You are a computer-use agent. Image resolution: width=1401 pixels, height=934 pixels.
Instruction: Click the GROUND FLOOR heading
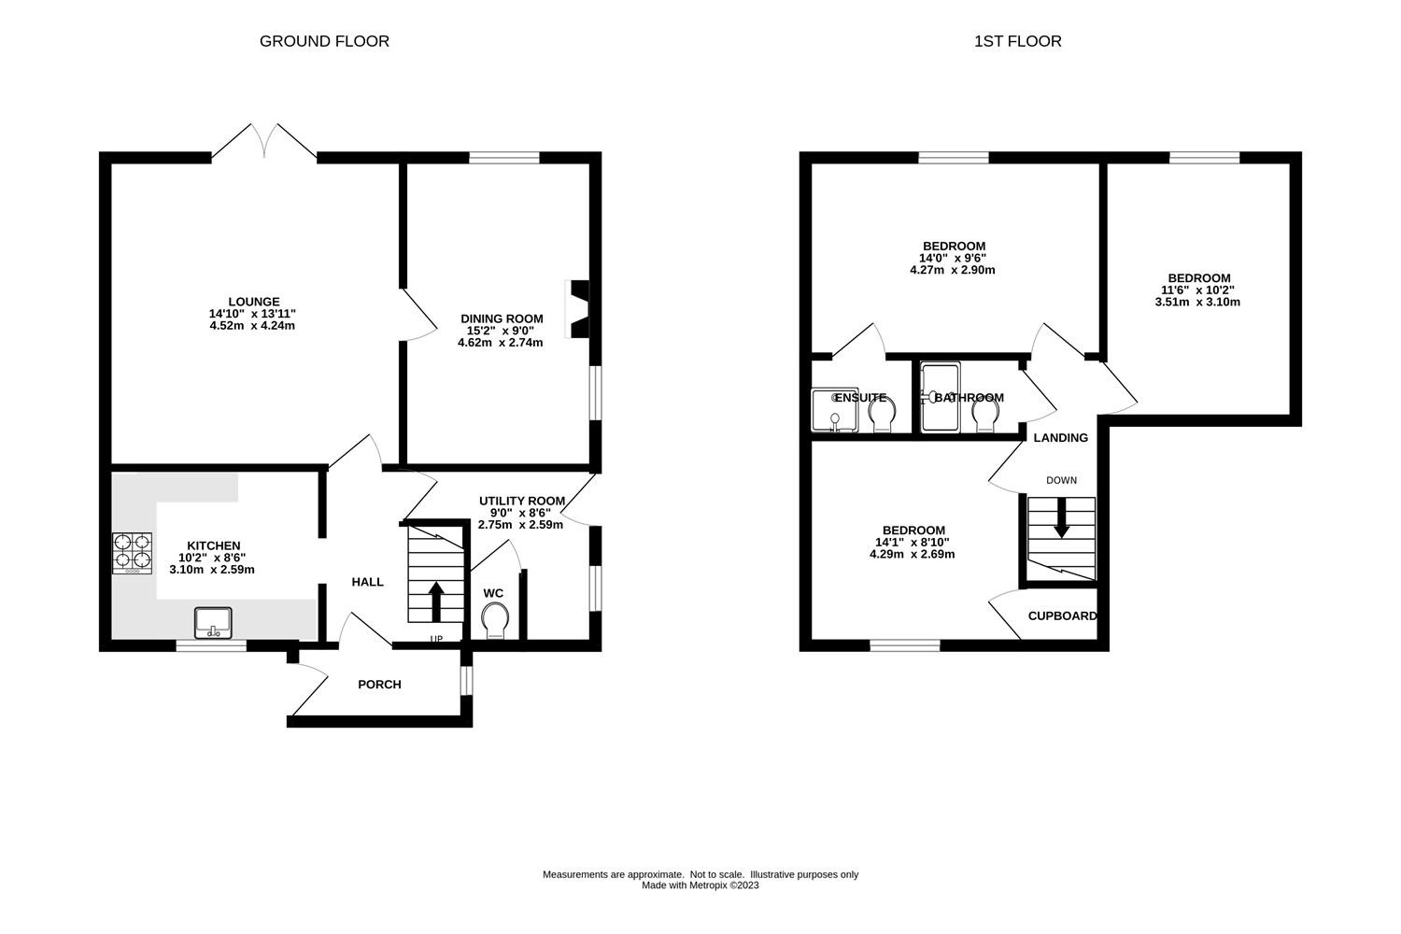point(324,41)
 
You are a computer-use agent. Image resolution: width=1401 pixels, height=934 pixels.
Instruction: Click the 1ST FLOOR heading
point(1017,41)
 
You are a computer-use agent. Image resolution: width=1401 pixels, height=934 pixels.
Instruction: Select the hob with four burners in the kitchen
point(132,551)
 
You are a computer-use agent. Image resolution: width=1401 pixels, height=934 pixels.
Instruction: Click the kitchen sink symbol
point(213,621)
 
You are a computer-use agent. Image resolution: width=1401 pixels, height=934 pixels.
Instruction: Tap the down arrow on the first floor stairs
point(1061,518)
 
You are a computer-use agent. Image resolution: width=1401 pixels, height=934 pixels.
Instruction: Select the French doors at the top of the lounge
point(264,142)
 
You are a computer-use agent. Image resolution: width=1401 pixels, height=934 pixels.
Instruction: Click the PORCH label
point(379,685)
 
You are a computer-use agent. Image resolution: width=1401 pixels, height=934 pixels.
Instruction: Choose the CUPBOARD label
point(1062,616)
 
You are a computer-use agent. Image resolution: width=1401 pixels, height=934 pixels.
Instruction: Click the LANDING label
point(1060,438)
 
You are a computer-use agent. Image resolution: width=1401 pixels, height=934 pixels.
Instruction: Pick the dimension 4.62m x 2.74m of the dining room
point(500,343)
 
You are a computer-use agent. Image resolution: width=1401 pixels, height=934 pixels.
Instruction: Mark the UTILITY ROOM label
point(521,501)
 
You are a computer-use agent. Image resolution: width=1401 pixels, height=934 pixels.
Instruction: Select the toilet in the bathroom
point(984,415)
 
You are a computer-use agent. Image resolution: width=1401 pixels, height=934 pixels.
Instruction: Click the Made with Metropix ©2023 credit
point(700,885)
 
